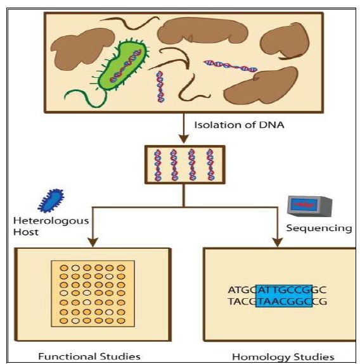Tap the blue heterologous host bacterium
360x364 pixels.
pyautogui.click(x=51, y=201)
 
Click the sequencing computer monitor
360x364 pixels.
pyautogui.click(x=310, y=206)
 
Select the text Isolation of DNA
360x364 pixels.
pyautogui.click(x=239, y=125)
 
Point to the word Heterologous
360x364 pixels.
pyautogui.click(x=51, y=220)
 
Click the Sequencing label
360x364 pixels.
pyautogui.click(x=319, y=228)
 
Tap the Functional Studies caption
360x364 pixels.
pyautogui.click(x=89, y=356)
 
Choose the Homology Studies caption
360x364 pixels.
pyautogui.click(x=283, y=357)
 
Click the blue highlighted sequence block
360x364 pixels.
pyautogui.click(x=284, y=296)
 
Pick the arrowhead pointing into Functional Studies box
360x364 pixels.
pyautogui.click(x=93, y=242)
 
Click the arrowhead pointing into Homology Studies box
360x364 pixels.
pyautogui.click(x=277, y=242)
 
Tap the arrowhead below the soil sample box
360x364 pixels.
pyautogui.click(x=184, y=139)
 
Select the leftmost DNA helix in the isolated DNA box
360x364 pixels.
pyautogui.click(x=158, y=165)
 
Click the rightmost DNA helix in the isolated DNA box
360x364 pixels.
pyautogui.click(x=210, y=165)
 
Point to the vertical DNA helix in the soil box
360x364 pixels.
pyautogui.click(x=160, y=87)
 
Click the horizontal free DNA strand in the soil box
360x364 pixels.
pyautogui.click(x=230, y=66)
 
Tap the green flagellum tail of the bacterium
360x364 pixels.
pyautogui.click(x=86, y=99)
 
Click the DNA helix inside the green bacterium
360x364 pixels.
pyautogui.click(x=125, y=66)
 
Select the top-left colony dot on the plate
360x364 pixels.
pyautogui.click(x=64, y=268)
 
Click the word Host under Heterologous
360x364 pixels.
pyautogui.click(x=26, y=232)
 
